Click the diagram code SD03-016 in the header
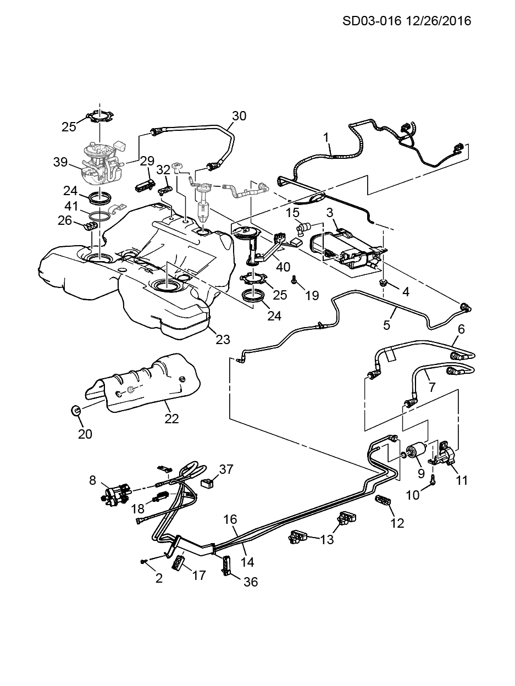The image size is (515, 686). point(372,21)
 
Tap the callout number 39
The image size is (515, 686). point(60,162)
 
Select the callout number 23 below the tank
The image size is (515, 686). point(223,339)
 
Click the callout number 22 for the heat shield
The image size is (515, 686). point(171,418)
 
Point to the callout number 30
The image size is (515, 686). point(239,116)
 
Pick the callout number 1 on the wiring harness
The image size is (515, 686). point(326,135)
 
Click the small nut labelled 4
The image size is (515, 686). point(384,284)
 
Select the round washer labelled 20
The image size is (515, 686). point(76,410)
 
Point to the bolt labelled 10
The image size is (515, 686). point(432,480)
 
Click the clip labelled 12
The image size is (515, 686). point(383,501)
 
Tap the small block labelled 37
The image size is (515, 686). point(208,483)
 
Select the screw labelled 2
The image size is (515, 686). point(144,561)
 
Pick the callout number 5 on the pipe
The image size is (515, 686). point(387,325)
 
